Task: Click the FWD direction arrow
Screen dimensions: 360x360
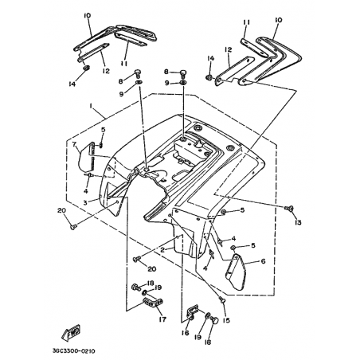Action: [71, 333]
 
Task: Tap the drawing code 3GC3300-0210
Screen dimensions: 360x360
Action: [73, 351]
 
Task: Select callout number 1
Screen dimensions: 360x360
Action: [91, 106]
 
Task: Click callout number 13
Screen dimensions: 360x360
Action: [298, 222]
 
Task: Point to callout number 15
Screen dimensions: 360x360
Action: [226, 321]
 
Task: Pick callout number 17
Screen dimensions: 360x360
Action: [162, 319]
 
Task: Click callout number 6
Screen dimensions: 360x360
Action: [263, 261]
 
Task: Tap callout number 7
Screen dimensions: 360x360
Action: [74, 144]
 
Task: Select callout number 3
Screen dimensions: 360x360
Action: [85, 203]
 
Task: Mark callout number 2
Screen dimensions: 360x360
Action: [162, 250]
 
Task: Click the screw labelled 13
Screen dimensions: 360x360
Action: [288, 208]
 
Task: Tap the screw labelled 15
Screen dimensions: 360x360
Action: [222, 299]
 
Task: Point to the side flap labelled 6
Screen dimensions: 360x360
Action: [235, 272]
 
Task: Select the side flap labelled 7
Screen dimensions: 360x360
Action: [85, 157]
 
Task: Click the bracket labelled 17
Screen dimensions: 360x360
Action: [153, 303]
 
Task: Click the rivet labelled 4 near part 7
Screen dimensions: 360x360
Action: [89, 175]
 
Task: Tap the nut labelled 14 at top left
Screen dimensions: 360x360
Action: [86, 68]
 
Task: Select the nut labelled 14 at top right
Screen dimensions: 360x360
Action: [209, 77]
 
